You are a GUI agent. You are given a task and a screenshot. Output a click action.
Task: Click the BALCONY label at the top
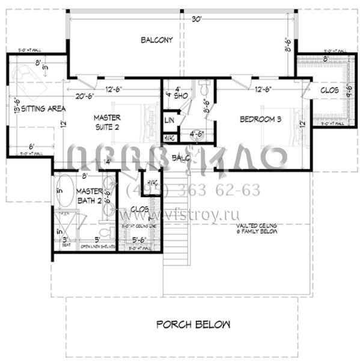[157, 40]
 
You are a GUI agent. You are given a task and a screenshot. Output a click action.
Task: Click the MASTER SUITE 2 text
[108, 122]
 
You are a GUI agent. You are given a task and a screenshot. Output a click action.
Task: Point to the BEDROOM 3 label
[260, 119]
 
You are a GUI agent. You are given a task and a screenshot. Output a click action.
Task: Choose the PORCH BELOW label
[193, 325]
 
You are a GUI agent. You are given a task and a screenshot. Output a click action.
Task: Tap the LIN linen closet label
[169, 120]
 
